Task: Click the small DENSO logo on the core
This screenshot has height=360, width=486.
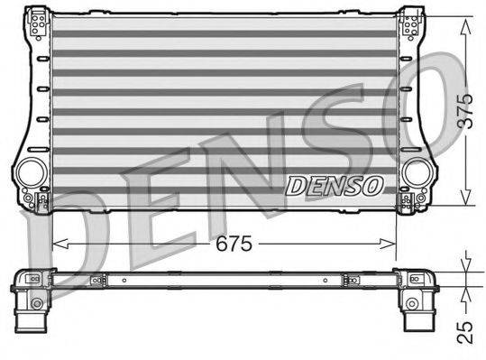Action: pos(335,185)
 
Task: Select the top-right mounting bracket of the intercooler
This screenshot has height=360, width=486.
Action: pos(411,23)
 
